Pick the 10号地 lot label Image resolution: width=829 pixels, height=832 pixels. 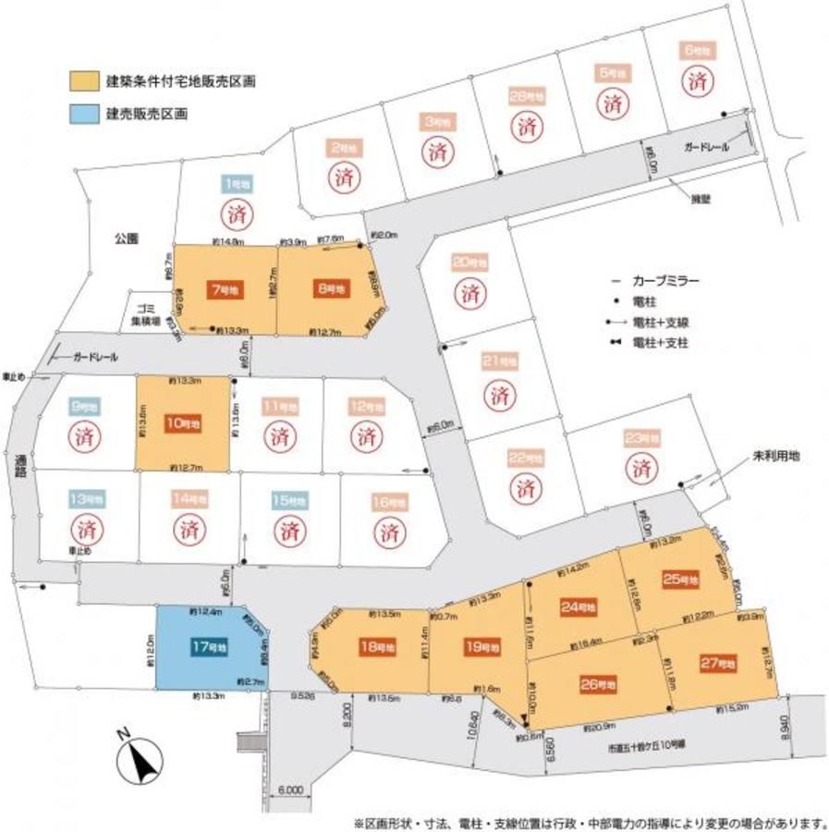coord(182,422)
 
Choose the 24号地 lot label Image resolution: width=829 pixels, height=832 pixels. coord(578,606)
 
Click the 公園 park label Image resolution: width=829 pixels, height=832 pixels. coord(126,239)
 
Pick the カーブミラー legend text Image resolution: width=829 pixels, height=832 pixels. coord(665,280)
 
